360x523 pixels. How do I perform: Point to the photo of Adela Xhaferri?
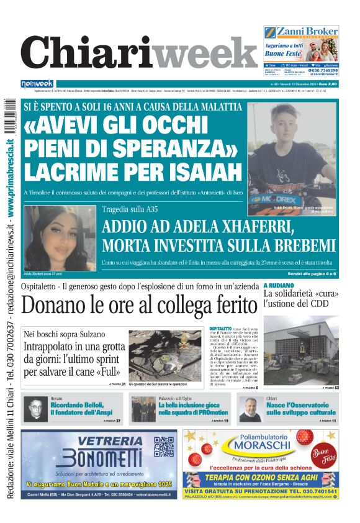pos(60,239)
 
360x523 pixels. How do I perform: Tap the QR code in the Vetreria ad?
pos(163,447)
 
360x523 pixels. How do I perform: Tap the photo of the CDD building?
pos(300,351)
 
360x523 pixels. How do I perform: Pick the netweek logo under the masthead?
pos(37,83)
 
